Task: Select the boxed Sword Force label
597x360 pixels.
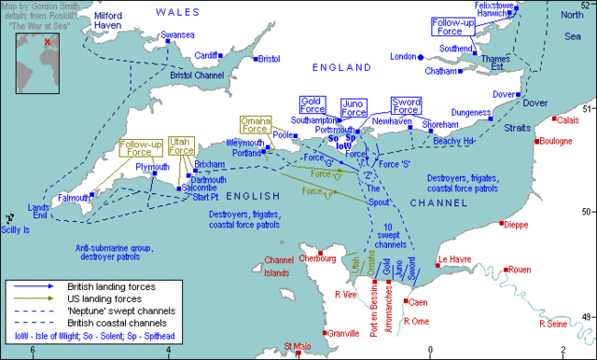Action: pyautogui.click(x=404, y=105)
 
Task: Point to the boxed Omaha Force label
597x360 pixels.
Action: pyautogui.click(x=254, y=125)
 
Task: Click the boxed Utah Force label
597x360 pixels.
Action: pyautogui.click(x=182, y=145)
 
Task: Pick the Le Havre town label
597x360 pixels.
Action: pyautogui.click(x=455, y=260)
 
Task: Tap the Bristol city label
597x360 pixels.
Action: pyautogui.click(x=269, y=58)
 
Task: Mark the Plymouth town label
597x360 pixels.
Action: pyautogui.click(x=153, y=167)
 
